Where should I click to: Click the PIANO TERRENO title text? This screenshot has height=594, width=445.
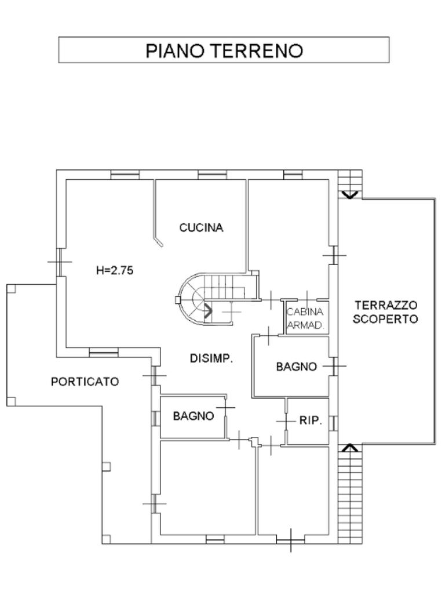224,50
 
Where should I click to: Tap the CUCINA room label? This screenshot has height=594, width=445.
201,227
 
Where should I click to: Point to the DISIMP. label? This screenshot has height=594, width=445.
211,358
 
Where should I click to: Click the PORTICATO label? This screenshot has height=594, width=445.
85,382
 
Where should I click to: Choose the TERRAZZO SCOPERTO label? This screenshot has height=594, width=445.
386,312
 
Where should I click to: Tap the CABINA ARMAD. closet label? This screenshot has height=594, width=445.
305,318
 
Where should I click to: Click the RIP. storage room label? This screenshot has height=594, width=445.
311,421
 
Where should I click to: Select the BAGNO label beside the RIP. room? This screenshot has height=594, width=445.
296,367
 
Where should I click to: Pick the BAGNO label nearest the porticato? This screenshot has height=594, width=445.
193,416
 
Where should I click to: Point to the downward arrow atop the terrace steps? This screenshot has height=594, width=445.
349,195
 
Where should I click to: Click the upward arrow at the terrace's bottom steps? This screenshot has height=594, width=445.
349,447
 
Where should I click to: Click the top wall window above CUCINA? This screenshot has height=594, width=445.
212,174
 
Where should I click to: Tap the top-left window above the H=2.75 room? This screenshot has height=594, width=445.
125,174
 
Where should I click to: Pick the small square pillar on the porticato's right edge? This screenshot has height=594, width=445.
106,466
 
